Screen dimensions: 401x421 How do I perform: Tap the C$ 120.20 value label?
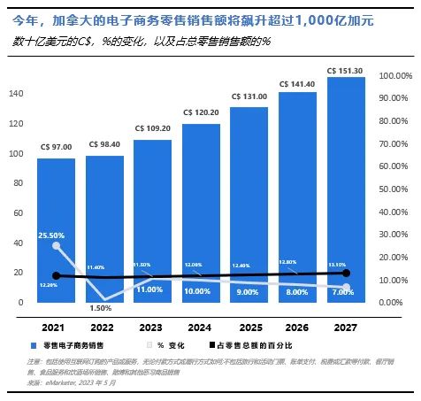click(x=201, y=112)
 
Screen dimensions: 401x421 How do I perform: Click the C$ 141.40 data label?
click(x=297, y=84)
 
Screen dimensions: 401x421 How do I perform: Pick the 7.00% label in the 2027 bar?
click(x=346, y=290)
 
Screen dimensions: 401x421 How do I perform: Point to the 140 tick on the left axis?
click(x=16, y=93)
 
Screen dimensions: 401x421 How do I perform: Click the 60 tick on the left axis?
click(x=18, y=212)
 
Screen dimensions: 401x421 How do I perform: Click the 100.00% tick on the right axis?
click(x=394, y=76)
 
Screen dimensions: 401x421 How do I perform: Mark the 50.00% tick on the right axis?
click(x=394, y=189)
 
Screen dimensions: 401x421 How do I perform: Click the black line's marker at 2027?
click(x=346, y=273)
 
